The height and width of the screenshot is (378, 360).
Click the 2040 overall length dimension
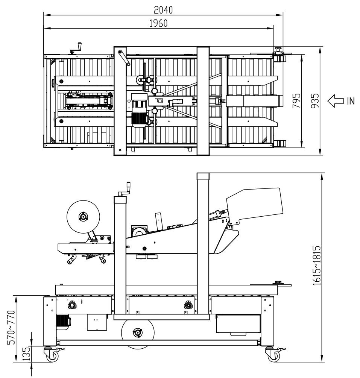[163, 10]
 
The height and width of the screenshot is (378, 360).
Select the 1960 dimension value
[158, 23]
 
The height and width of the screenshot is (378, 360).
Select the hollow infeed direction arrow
[335, 100]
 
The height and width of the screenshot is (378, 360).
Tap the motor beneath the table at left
[63, 322]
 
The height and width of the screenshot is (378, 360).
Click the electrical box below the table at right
[238, 324]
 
